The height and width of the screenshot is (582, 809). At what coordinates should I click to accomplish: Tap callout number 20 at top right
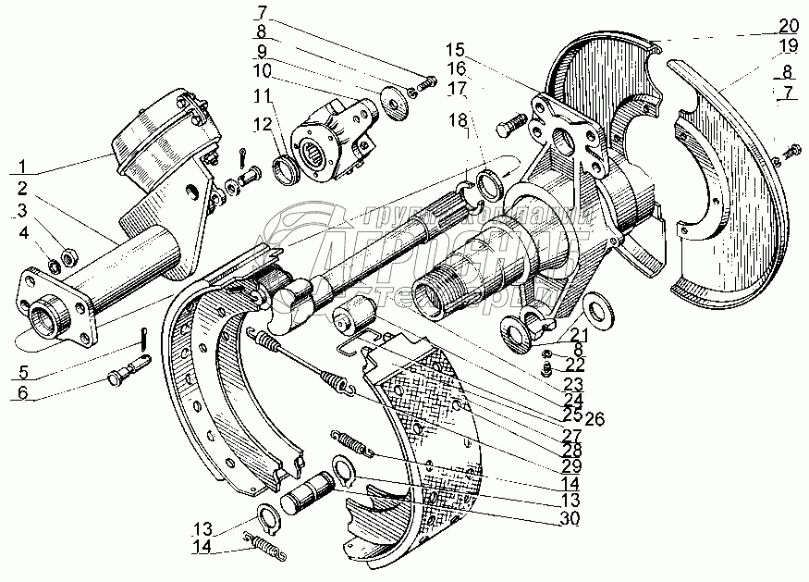(x=788, y=24)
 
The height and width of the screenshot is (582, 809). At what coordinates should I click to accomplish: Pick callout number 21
(x=578, y=334)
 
